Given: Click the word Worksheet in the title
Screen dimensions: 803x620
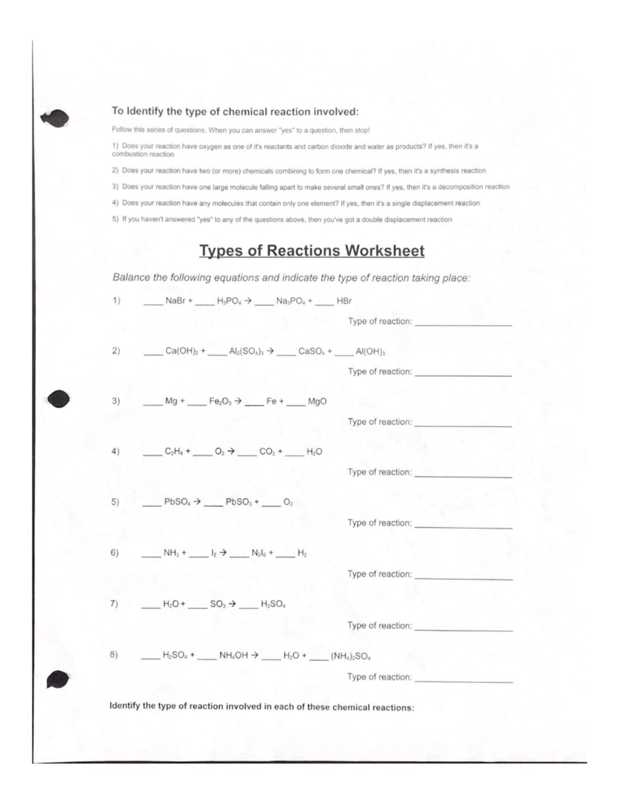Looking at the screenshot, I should pyautogui.click(x=385, y=251).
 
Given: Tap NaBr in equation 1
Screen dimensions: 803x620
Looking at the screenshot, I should pyautogui.click(x=176, y=301).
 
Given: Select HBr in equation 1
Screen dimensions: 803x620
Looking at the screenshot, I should pyautogui.click(x=344, y=301).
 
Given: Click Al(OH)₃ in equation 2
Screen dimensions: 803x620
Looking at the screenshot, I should pyautogui.click(x=370, y=352).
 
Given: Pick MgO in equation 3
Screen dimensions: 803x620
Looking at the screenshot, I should pyautogui.click(x=317, y=401).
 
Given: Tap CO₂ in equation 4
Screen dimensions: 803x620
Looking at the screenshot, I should pyautogui.click(x=268, y=451).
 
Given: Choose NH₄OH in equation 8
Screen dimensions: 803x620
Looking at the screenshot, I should pyautogui.click(x=234, y=656).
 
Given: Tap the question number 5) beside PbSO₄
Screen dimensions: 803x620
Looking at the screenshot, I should pyautogui.click(x=115, y=502).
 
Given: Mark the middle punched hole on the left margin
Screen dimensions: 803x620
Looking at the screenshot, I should pyautogui.click(x=58, y=399).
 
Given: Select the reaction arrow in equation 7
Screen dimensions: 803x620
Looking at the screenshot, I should pyautogui.click(x=233, y=604).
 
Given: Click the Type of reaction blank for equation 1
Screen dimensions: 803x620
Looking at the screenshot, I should pyautogui.click(x=463, y=324).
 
